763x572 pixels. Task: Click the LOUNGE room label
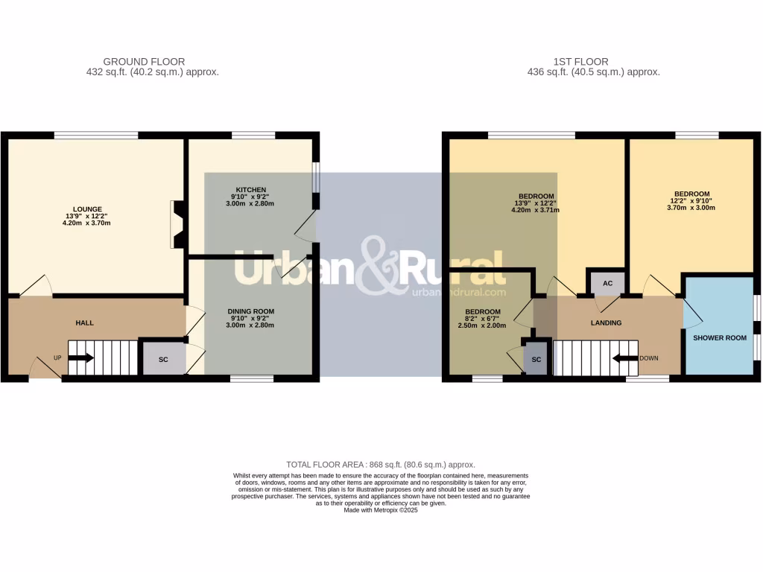click(x=87, y=209)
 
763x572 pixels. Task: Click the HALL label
click(x=85, y=323)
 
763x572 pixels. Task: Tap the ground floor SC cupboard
click(x=163, y=359)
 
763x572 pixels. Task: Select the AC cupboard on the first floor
click(x=607, y=284)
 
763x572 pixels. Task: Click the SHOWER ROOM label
click(x=719, y=337)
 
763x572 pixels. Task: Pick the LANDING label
click(x=606, y=322)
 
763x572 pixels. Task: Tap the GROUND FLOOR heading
click(x=144, y=62)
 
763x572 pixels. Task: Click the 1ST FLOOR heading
click(x=580, y=62)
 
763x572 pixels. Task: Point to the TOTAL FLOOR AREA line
click(x=381, y=464)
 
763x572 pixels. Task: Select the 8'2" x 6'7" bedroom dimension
click(x=481, y=319)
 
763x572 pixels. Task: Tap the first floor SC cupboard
click(x=536, y=359)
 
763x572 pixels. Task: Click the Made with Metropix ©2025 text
click(x=381, y=510)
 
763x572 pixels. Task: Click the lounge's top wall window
click(x=96, y=136)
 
